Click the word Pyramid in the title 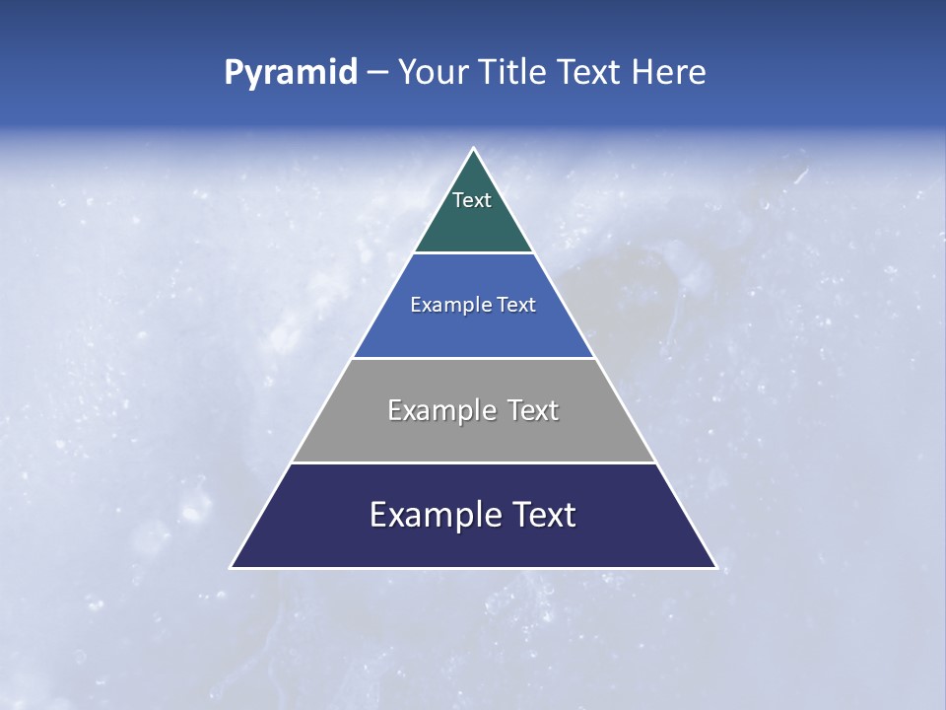point(290,73)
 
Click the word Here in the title point(669,73)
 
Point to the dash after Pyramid point(377,73)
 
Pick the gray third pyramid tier point(473,439)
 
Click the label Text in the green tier point(472,200)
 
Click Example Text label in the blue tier point(473,305)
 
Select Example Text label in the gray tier point(473,410)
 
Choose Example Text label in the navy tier point(473,515)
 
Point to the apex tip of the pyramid point(473,150)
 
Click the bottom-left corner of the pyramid point(233,566)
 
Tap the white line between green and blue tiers point(473,252)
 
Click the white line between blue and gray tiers point(473,358)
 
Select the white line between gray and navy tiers point(473,462)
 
